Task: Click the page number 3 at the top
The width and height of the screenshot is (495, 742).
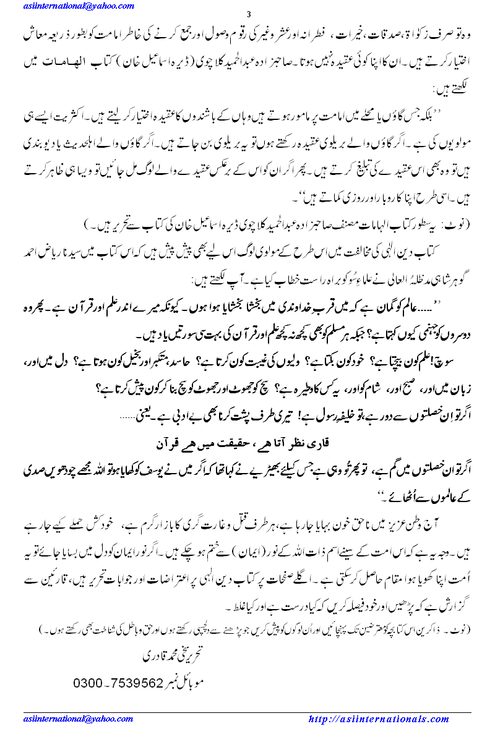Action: click(247, 15)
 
